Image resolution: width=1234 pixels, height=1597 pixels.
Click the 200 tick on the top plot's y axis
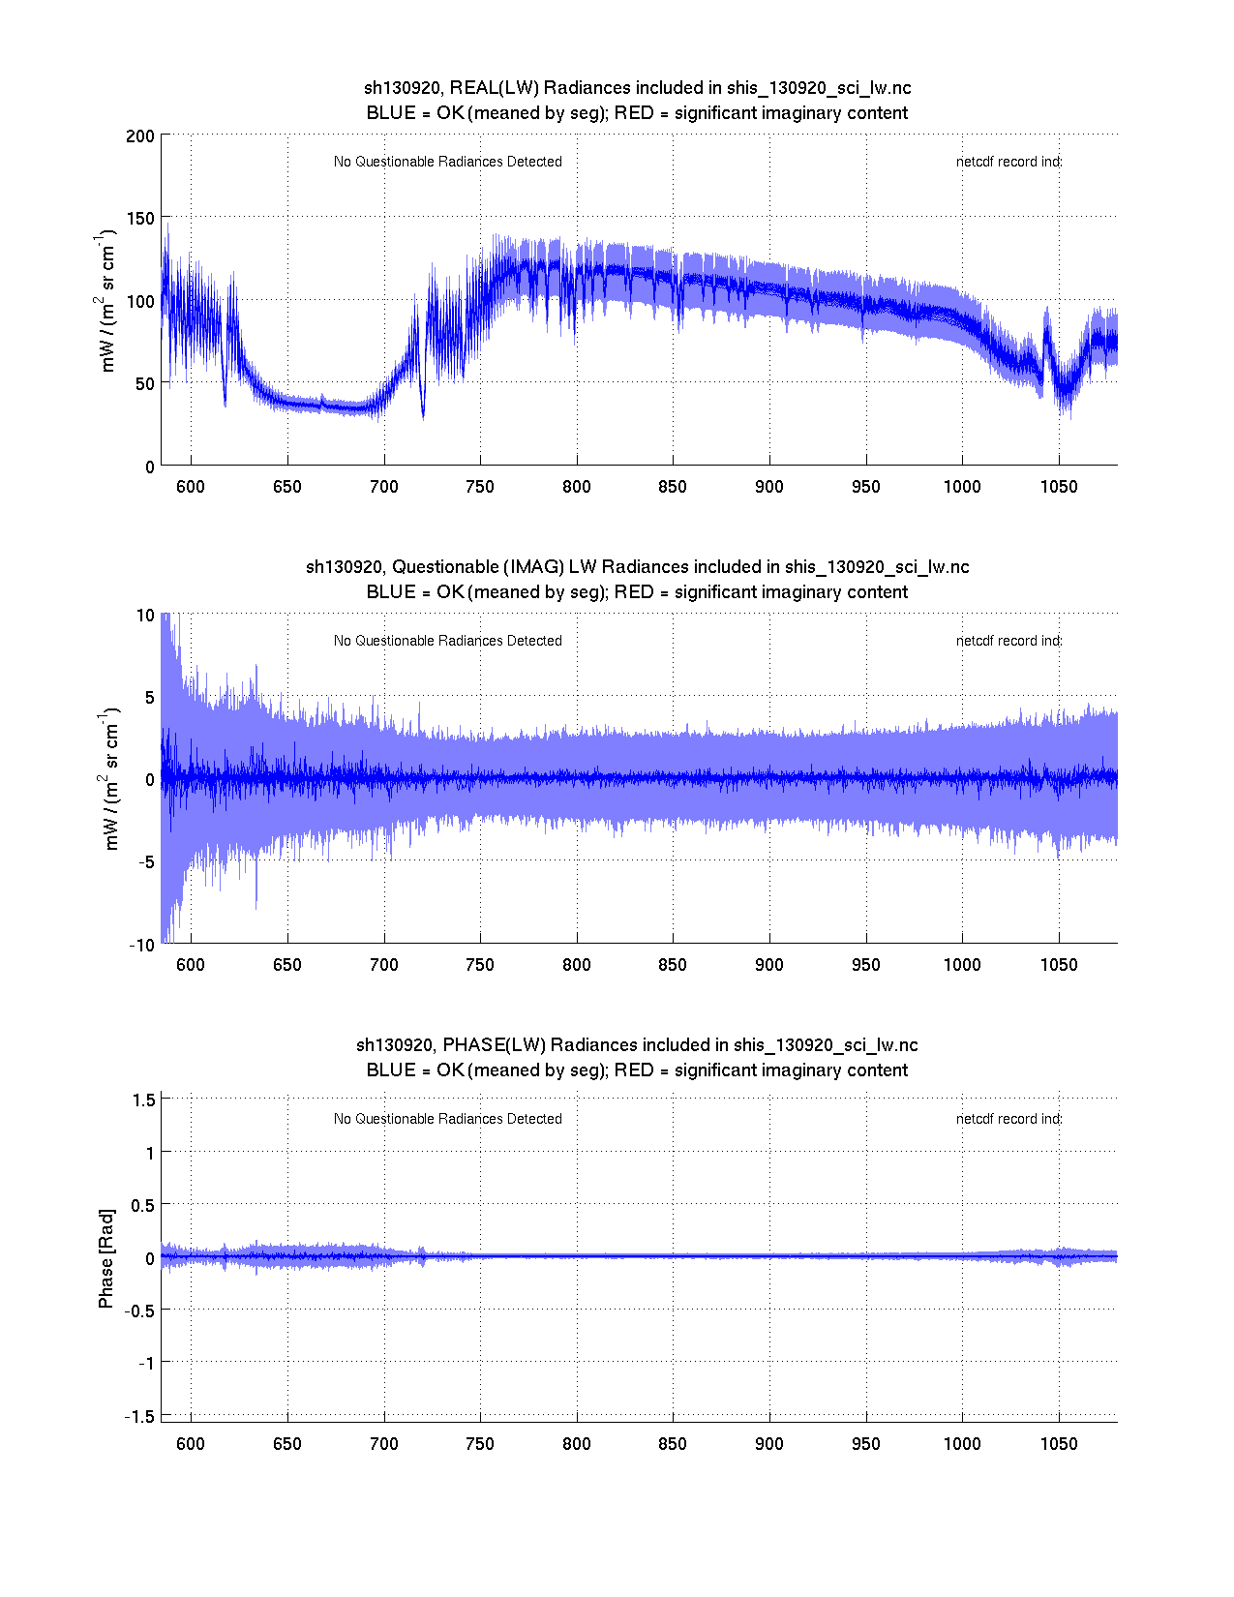[140, 136]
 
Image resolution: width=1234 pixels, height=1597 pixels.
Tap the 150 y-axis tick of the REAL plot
[140, 219]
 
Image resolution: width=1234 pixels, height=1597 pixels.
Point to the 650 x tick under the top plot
[287, 486]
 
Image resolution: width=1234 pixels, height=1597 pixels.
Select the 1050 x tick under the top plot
[1059, 486]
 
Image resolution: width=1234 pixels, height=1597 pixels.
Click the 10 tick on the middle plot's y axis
[145, 616]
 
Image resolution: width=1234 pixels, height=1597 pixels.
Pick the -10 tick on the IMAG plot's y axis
[141, 946]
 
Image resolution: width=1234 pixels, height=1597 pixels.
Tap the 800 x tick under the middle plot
[577, 965]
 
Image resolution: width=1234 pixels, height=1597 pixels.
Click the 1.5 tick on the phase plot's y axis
[144, 1100]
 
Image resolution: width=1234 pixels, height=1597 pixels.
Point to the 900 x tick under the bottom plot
[769, 1444]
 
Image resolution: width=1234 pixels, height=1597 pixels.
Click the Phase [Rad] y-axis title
[106, 1258]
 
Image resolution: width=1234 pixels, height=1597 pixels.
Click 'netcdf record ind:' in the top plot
[1008, 162]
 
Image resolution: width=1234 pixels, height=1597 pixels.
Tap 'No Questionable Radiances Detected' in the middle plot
[448, 641]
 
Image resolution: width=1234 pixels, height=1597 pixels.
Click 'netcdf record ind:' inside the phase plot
[1008, 1119]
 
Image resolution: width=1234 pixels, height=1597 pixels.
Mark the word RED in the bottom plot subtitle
[634, 1070]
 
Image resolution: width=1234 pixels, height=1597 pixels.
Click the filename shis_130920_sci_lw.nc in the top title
[819, 88]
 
